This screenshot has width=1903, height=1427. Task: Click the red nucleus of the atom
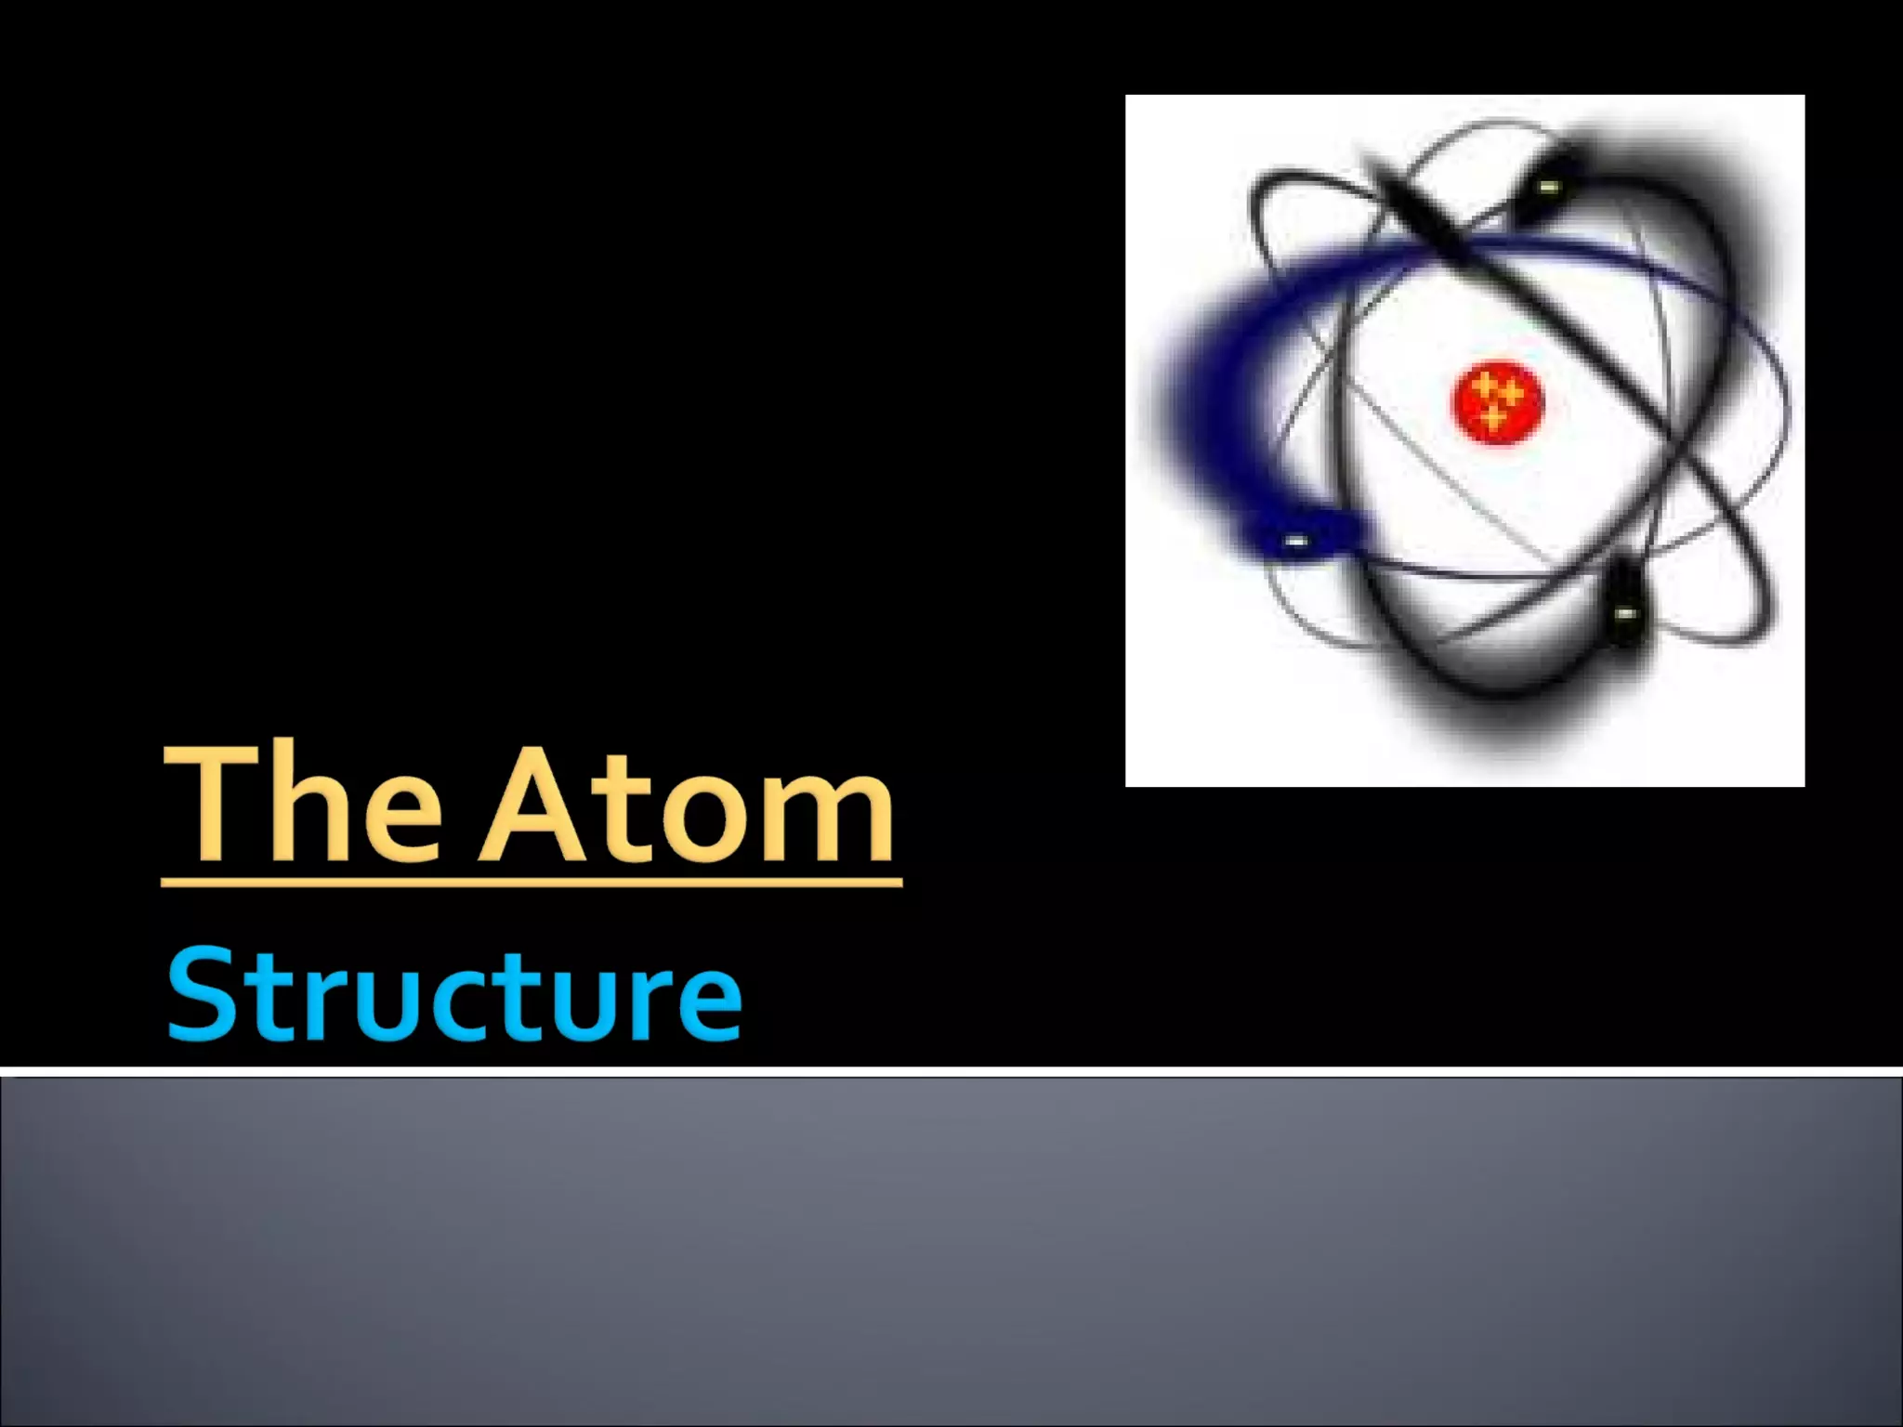1496,401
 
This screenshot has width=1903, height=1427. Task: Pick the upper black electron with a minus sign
1546,187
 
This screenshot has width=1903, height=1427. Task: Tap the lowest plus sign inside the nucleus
1493,419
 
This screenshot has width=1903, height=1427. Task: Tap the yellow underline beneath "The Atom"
532,881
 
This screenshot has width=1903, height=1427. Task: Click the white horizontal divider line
951,1072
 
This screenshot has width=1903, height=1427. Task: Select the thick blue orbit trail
1208,390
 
